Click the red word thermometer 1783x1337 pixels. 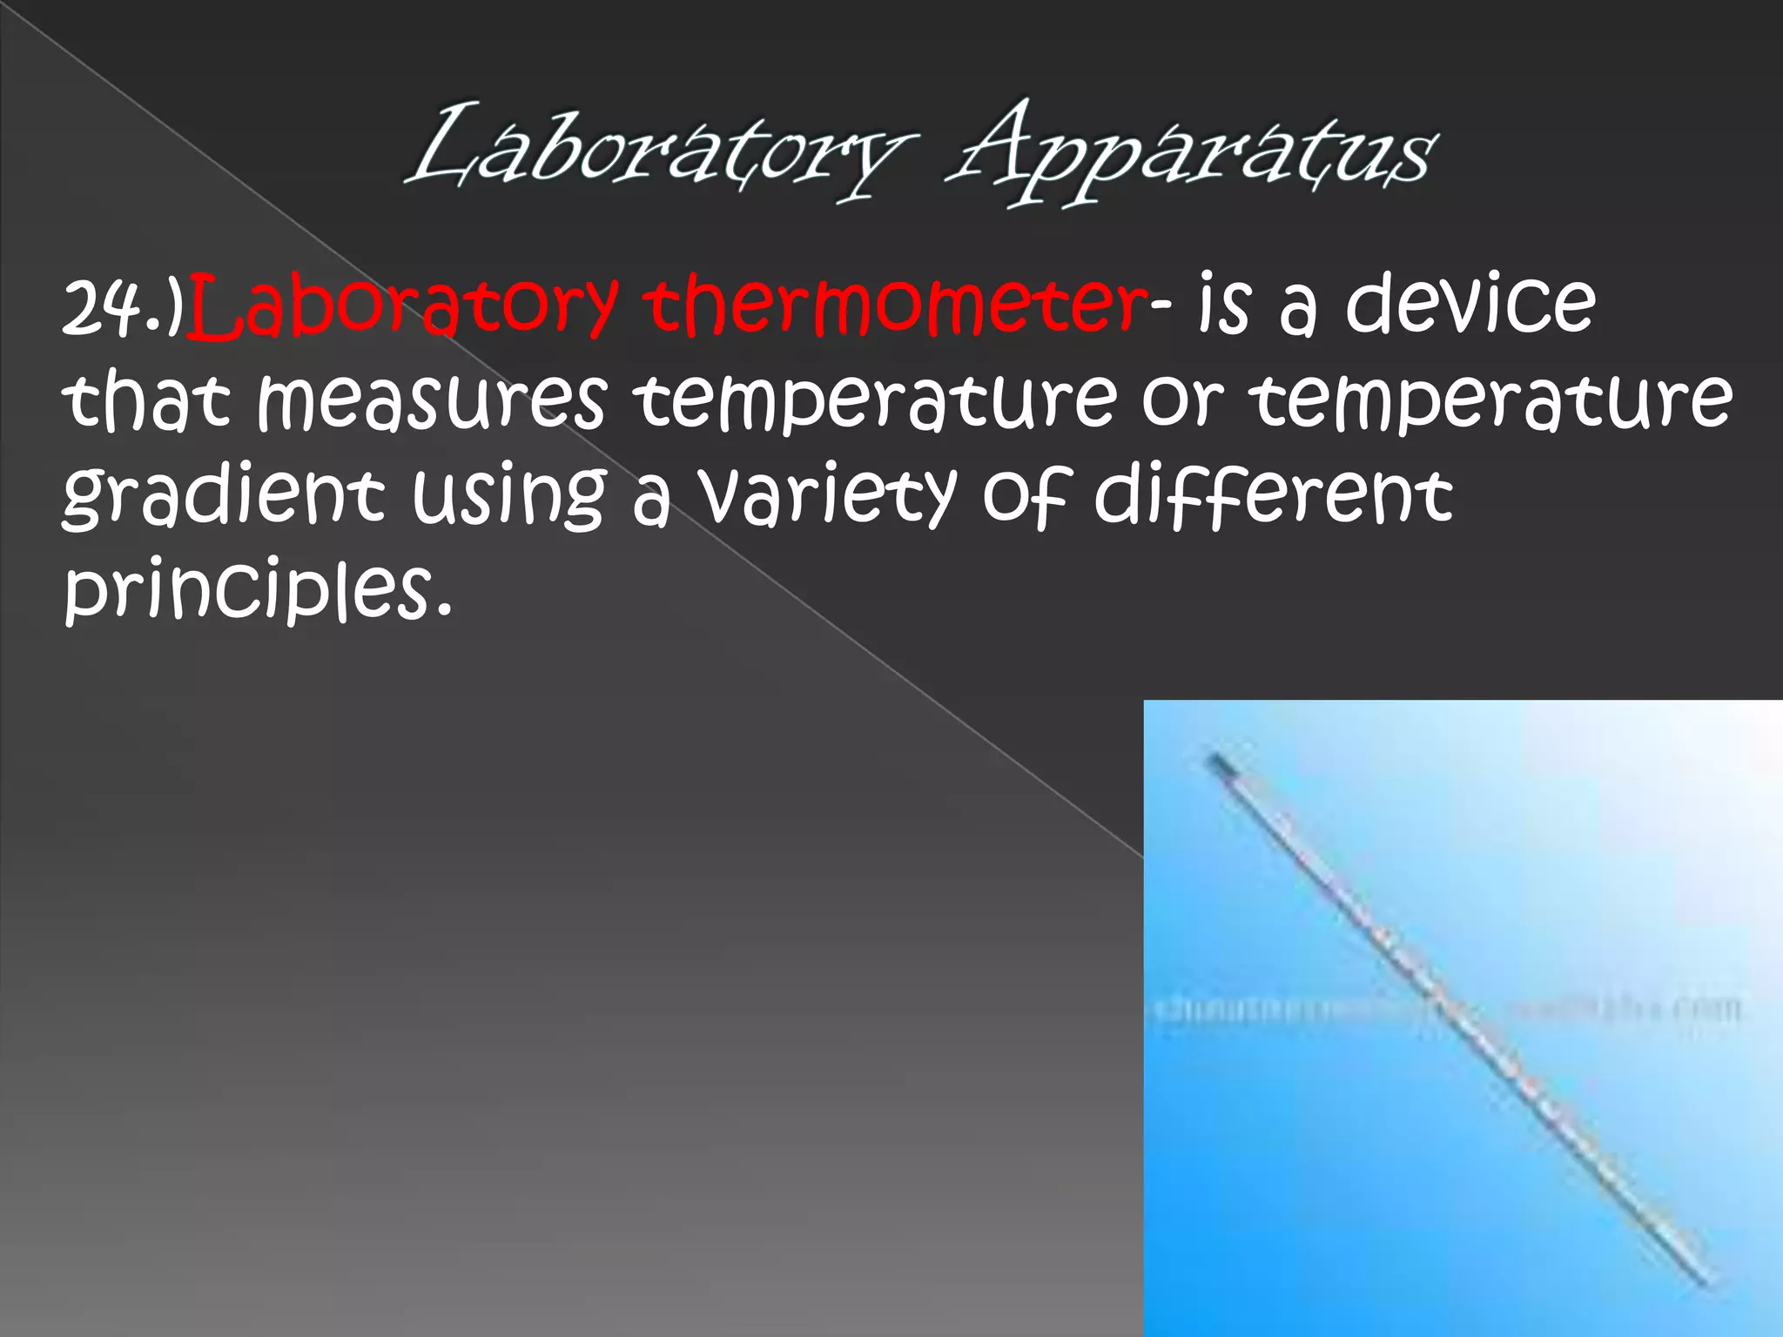click(x=897, y=305)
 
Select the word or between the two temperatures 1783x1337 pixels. click(x=1183, y=402)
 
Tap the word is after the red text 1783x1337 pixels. click(x=1223, y=305)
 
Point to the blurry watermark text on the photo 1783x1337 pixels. click(x=1445, y=1011)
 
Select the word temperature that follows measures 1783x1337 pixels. click(x=874, y=402)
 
